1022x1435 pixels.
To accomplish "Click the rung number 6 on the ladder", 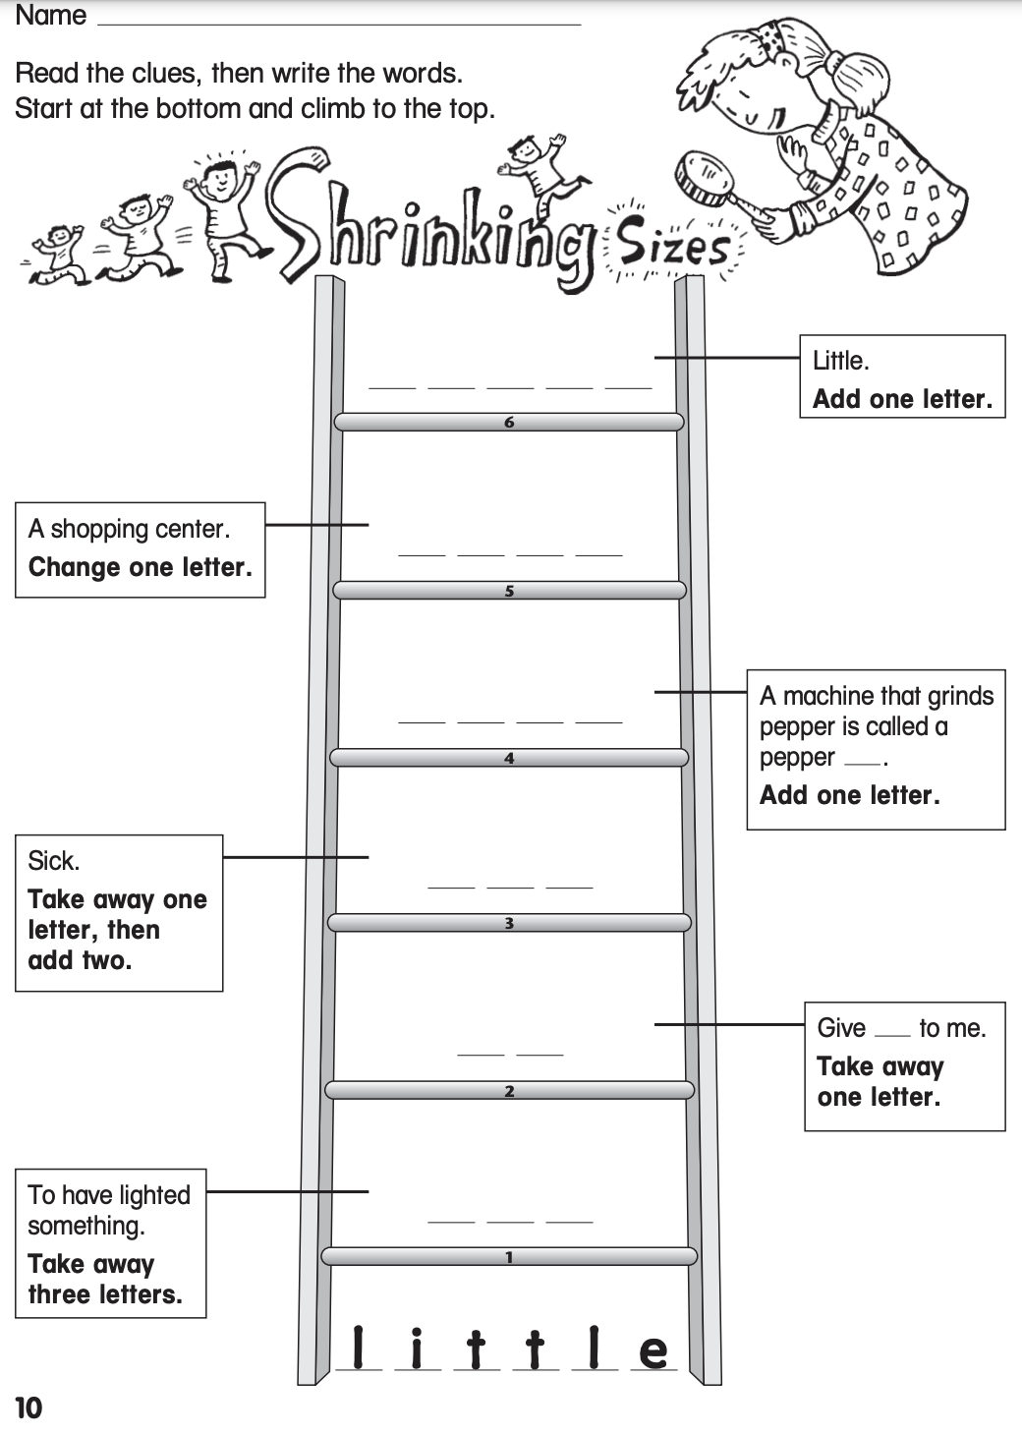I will (x=509, y=423).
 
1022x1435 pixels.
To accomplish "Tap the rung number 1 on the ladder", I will (x=509, y=1257).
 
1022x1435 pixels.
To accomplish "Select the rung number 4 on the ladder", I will (x=509, y=759).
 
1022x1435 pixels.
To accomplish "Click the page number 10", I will (x=28, y=1408).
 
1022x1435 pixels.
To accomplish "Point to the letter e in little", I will (x=653, y=1351).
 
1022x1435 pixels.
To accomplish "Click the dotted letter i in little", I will (x=418, y=1349).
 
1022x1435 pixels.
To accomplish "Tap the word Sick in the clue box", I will (x=53, y=861).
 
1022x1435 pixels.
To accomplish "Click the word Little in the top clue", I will (x=840, y=361).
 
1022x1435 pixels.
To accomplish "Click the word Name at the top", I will (x=51, y=16).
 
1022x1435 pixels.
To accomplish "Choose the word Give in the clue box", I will (x=841, y=1028).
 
